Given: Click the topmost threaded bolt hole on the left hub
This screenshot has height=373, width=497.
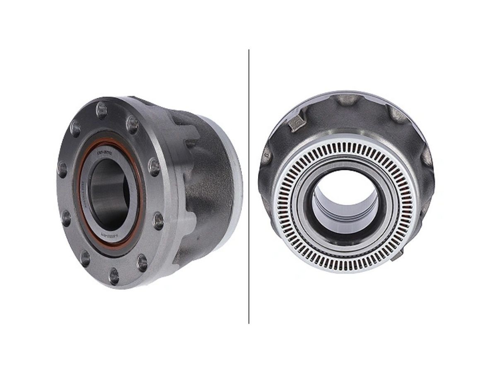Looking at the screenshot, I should click(x=101, y=110).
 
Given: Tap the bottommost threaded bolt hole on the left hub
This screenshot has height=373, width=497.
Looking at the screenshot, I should click(x=114, y=276).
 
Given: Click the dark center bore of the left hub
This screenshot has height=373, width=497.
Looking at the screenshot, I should click(x=109, y=193).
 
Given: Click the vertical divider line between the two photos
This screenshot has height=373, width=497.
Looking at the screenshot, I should click(x=248, y=186).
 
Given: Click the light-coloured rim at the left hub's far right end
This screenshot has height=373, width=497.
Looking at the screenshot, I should click(x=237, y=182).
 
